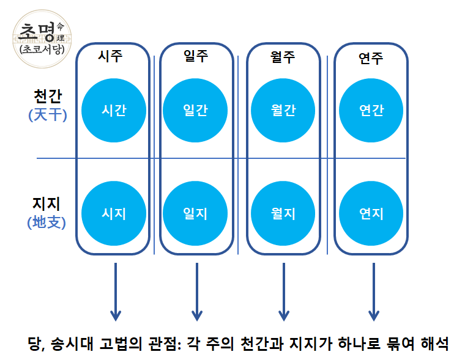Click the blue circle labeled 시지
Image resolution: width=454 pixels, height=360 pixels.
[114, 213]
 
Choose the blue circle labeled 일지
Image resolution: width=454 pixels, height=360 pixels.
[196, 213]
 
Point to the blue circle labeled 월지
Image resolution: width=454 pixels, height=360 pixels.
[283, 213]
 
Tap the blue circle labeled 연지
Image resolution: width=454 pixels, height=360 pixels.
[371, 213]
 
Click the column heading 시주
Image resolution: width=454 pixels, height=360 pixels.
[111, 57]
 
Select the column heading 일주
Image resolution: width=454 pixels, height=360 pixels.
[196, 57]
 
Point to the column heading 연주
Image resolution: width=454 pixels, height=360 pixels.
[371, 59]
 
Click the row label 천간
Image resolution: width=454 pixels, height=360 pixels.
[48, 97]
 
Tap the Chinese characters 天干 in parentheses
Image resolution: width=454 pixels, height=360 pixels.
[47, 115]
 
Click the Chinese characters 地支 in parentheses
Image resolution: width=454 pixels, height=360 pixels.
[47, 222]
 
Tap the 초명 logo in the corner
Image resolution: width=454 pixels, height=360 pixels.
[42, 35]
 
